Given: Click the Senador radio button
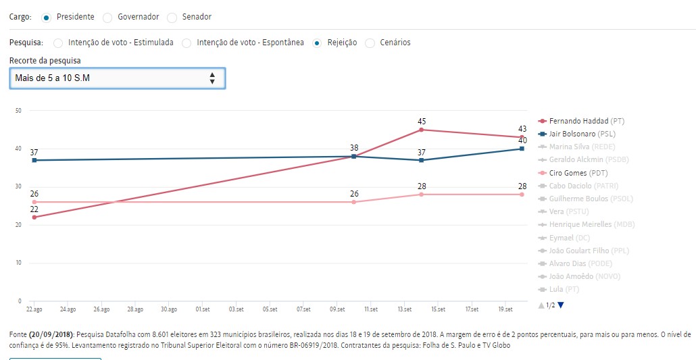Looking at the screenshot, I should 172,17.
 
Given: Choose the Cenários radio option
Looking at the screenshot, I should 370,43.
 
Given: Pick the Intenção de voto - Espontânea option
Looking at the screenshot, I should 187,43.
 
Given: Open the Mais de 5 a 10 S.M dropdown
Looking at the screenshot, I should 117,78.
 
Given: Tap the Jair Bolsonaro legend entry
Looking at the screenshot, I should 581,134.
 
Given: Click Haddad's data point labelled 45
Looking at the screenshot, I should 422,130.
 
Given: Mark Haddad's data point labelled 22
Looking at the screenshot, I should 34,217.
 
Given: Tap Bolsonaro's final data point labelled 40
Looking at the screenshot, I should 522,149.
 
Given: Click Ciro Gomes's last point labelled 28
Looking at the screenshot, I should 522,195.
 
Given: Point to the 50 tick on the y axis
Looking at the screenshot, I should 18,111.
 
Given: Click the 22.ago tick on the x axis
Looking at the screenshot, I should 34,309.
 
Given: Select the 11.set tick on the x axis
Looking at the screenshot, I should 370,309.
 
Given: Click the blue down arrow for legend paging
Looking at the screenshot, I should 561,305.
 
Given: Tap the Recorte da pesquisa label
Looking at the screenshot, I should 45,60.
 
